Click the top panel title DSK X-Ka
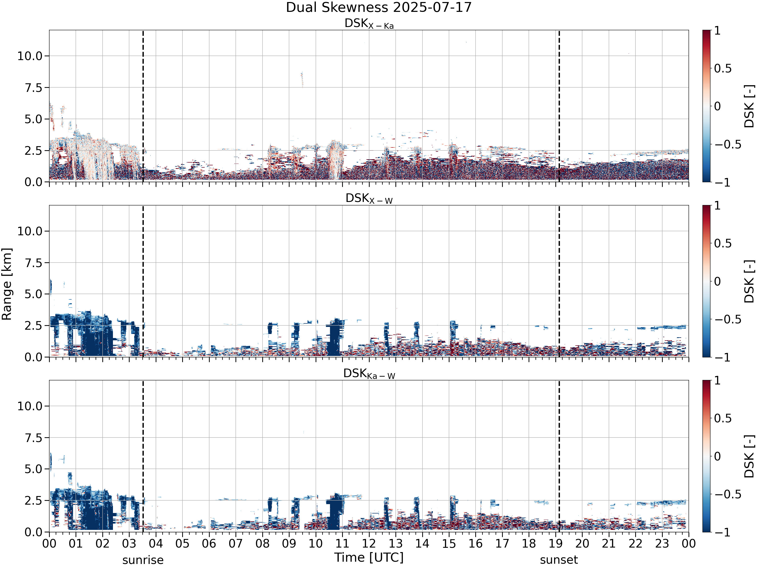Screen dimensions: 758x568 [x=369, y=24]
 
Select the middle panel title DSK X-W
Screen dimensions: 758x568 [x=369, y=199]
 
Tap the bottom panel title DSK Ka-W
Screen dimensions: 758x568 [x=369, y=374]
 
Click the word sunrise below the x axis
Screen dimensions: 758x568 [x=143, y=560]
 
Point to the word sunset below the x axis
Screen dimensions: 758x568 [x=559, y=560]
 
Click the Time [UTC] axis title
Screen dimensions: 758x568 [x=369, y=558]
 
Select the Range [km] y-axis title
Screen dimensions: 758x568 [x=7, y=284]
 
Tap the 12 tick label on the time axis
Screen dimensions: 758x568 [x=369, y=544]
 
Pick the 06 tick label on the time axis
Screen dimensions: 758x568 [x=209, y=544]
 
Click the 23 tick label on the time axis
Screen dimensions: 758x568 [x=662, y=544]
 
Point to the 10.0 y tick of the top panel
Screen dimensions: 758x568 [x=30, y=56]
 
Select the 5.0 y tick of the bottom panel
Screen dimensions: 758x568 [x=34, y=469]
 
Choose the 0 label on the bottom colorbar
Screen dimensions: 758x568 [x=718, y=456]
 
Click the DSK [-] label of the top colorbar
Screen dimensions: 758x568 [x=749, y=106]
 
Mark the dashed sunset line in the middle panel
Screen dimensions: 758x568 [x=559, y=281]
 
